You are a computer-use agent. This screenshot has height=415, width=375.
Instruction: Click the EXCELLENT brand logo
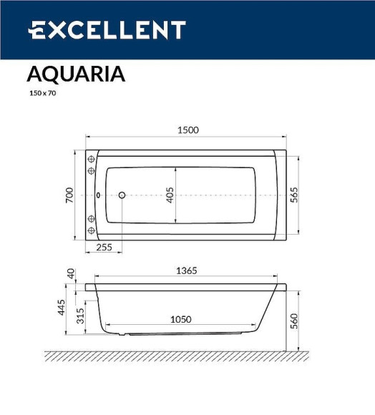coord(107,30)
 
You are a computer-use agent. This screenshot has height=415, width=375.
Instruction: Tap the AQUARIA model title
coord(76,74)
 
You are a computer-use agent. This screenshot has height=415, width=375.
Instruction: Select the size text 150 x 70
coord(42,93)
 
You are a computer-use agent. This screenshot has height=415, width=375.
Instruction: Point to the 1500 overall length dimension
coord(187,130)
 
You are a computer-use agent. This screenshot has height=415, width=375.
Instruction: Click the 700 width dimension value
coord(69,195)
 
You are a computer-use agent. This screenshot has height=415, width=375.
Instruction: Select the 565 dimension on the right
coord(293,195)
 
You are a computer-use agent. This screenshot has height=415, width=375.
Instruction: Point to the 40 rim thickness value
coord(70,273)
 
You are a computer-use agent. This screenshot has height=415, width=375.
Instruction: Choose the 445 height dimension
coord(62,308)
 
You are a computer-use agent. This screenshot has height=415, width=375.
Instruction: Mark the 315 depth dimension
coord(80,315)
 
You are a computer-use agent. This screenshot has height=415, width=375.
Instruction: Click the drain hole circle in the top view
coord(122,195)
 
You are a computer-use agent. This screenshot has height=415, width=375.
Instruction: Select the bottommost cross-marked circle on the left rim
coord(91,230)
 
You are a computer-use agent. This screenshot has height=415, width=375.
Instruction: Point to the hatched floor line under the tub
coord(179,355)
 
